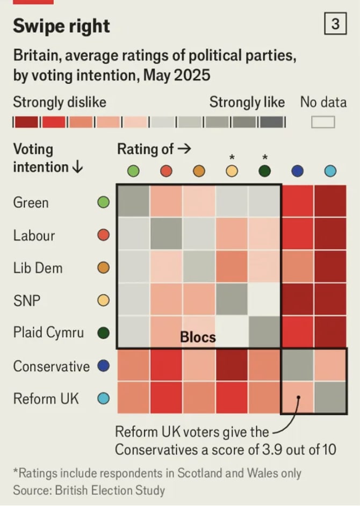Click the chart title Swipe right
62,26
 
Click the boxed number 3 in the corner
334,24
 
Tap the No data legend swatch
323,122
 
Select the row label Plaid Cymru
48,332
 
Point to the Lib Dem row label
38,268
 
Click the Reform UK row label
46,399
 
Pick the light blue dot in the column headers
330,171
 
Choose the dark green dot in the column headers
264,171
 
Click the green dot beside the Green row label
104,203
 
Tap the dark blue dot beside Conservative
104,366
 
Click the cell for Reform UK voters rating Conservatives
297,398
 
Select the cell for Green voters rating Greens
133,202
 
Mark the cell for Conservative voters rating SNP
232,365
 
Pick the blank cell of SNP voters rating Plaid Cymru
264,300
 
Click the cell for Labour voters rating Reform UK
330,234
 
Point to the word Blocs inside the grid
198,337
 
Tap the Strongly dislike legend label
60,102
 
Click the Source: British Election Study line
89,490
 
